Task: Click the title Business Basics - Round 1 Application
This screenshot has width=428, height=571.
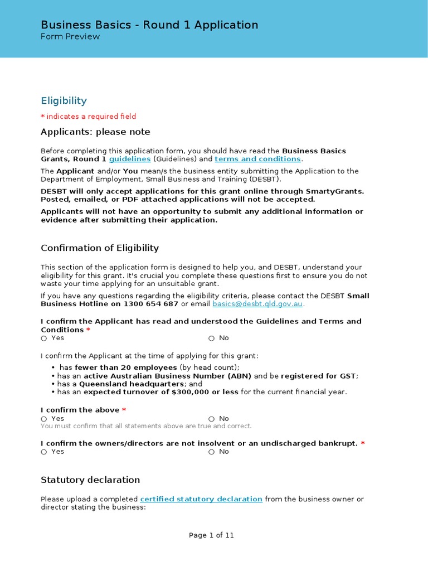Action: [x=149, y=25]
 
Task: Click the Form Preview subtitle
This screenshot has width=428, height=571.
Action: [x=70, y=37]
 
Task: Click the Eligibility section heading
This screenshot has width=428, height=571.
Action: [x=64, y=101]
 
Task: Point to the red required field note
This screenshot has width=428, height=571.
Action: [x=88, y=117]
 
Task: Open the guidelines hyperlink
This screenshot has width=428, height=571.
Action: [x=130, y=159]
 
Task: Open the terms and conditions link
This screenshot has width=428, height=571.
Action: [x=257, y=159]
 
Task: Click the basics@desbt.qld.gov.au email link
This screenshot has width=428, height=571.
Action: [x=258, y=304]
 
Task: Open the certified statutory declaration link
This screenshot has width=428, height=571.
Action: [x=201, y=499]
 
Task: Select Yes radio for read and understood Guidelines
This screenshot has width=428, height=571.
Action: [x=44, y=338]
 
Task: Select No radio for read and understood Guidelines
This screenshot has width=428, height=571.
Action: [x=212, y=338]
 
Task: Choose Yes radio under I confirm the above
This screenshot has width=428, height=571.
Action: [x=44, y=419]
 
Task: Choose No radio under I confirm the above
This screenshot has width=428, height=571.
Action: [x=212, y=419]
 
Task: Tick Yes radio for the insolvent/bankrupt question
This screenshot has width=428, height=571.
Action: [x=44, y=452]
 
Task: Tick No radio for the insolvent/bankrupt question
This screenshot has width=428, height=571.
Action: [x=212, y=452]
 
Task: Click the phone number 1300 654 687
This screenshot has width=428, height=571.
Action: [x=150, y=304]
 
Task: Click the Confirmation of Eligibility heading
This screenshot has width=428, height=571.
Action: [x=100, y=248]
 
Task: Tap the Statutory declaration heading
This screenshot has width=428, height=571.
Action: [x=90, y=480]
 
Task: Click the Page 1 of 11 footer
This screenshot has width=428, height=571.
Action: [x=211, y=535]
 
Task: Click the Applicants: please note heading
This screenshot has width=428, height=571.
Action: [x=95, y=132]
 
